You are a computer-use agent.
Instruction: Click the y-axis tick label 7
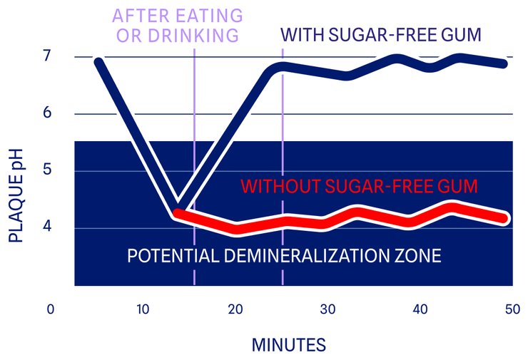(48, 56)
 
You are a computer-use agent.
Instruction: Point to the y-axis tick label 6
(48, 114)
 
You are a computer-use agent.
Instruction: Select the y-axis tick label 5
(48, 171)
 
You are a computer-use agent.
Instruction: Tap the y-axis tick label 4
(48, 228)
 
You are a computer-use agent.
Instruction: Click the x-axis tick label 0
(51, 309)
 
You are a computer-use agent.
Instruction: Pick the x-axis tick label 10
(143, 309)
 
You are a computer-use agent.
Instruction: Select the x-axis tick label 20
(235, 309)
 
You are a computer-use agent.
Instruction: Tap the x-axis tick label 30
(328, 309)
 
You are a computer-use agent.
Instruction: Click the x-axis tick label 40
(420, 309)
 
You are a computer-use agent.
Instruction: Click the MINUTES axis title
(288, 345)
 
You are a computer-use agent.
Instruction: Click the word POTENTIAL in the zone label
(166, 255)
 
